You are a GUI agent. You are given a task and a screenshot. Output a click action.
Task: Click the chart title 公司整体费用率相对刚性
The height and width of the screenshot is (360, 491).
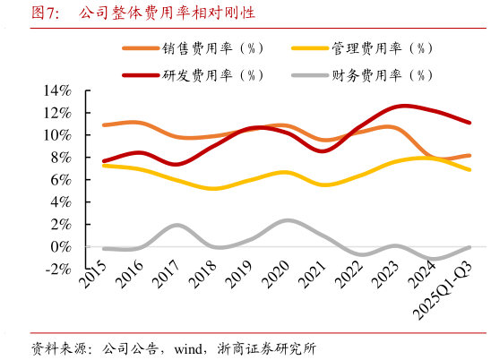pyautogui.click(x=166, y=13)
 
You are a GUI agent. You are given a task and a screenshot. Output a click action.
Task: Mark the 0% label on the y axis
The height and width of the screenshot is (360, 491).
pyautogui.click(x=59, y=246)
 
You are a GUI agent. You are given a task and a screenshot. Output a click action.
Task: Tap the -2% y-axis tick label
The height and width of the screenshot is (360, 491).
pyautogui.click(x=56, y=269)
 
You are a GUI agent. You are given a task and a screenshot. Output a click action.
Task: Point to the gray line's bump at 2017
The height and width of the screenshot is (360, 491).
pyautogui.click(x=177, y=225)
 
